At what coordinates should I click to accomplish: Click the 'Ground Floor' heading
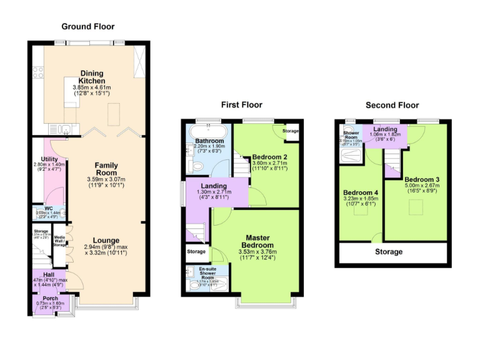click(x=86, y=26)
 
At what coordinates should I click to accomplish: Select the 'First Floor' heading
click(x=241, y=105)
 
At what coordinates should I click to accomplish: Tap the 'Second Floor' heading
click(x=392, y=105)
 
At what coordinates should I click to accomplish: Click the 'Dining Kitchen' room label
click(x=91, y=77)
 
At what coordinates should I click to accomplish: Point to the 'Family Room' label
click(x=106, y=169)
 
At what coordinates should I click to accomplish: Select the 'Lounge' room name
click(x=106, y=240)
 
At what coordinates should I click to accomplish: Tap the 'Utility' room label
click(x=49, y=159)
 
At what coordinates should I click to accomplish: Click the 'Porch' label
click(x=51, y=298)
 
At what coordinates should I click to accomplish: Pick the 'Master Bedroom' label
click(x=257, y=241)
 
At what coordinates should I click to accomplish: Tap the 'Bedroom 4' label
click(x=361, y=192)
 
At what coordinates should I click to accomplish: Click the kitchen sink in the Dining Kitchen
click(x=66, y=130)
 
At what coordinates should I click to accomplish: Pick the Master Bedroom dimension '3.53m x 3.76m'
click(x=257, y=252)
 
